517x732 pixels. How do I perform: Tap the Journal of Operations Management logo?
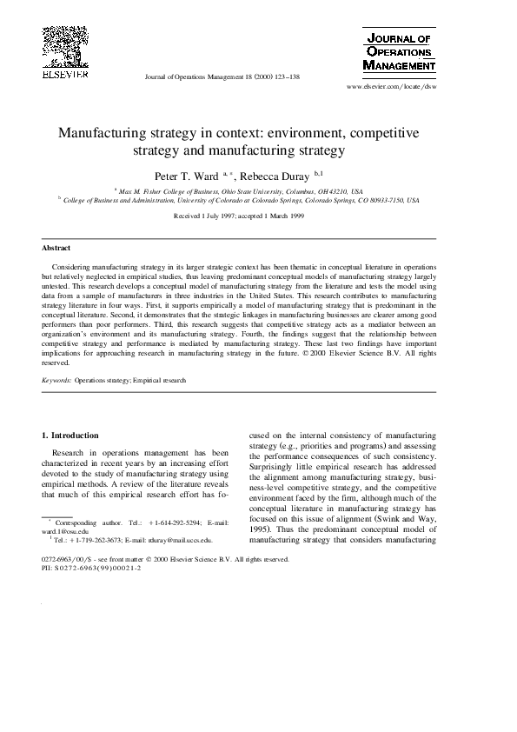tap(398, 51)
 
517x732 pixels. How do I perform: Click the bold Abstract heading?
tap(56, 248)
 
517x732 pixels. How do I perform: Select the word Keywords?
tap(56, 380)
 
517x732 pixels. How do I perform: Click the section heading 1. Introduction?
tap(70, 435)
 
